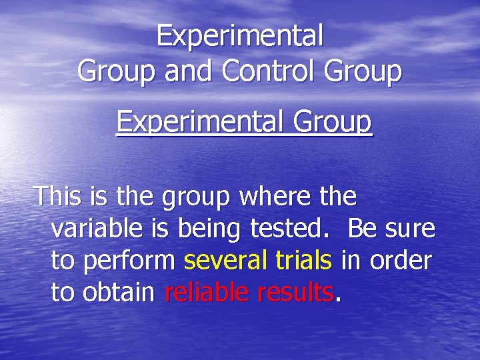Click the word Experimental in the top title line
click(x=240, y=36)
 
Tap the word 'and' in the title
click(x=190, y=71)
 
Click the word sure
click(x=408, y=229)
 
